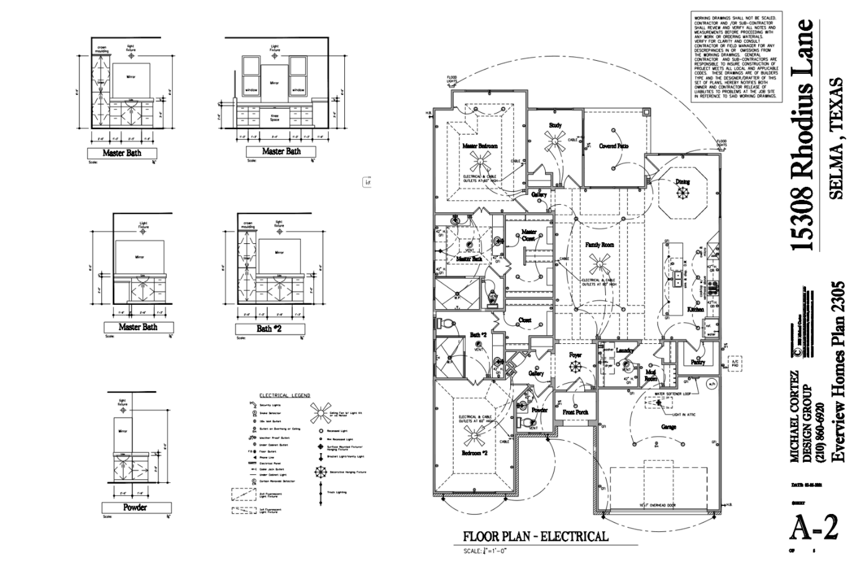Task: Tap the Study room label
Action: [x=555, y=125]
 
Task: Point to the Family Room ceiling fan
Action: [x=599, y=265]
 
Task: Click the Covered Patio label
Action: [x=613, y=146]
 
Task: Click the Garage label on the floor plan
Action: [x=669, y=427]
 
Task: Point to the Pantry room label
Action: [x=697, y=362]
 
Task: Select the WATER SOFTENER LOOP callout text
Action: [x=677, y=394]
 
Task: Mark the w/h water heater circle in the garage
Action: [x=711, y=385]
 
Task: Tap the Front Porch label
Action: [x=575, y=412]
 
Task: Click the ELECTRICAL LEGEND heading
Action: [x=285, y=395]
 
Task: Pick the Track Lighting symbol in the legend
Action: [x=321, y=492]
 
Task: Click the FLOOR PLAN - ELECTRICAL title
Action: [x=536, y=536]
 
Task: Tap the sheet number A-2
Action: [x=813, y=528]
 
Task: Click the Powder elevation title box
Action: [x=135, y=508]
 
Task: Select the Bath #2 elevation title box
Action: [x=269, y=328]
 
